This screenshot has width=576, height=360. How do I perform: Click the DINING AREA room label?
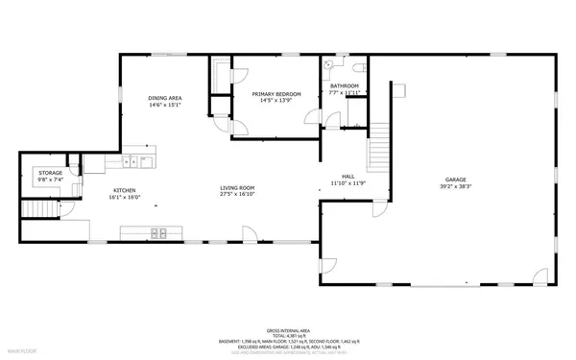coord(165,99)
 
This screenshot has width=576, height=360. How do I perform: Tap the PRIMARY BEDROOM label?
coord(276,94)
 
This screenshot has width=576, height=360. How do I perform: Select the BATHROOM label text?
coord(345,85)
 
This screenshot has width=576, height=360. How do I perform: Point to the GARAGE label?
coord(455,180)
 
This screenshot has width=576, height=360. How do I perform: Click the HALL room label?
coord(348,176)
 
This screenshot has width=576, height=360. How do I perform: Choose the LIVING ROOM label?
coord(236,188)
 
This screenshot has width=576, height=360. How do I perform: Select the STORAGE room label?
coord(50,173)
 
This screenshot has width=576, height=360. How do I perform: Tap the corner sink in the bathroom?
coord(329,64)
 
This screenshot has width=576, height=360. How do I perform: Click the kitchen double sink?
coord(141,161)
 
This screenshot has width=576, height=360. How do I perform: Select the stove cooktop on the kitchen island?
coord(157,231)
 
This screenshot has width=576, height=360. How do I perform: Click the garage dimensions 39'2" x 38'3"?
coord(455,186)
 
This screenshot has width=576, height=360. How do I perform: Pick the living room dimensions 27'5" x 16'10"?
coord(236,195)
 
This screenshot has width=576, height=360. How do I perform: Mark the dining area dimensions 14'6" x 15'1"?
coord(165,106)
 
